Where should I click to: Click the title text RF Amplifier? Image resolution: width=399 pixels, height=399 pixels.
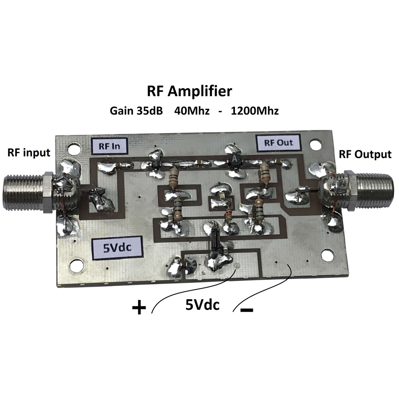(x=189, y=91)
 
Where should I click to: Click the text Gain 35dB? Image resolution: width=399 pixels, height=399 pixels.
(x=136, y=111)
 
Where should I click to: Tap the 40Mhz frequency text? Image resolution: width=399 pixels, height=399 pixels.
(x=192, y=111)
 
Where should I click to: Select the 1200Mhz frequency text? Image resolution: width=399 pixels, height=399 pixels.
(x=255, y=111)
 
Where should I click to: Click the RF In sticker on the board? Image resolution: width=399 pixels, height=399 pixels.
(x=109, y=146)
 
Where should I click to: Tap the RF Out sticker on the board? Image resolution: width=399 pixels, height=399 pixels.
(x=278, y=143)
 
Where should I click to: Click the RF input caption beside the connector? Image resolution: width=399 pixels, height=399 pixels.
(x=29, y=153)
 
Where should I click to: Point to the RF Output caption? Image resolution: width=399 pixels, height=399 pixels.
(x=365, y=154)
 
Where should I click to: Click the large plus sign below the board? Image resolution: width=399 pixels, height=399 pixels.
(x=139, y=307)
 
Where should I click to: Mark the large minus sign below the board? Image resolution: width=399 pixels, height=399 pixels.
(x=247, y=310)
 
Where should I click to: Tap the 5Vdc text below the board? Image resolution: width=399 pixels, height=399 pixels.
(x=202, y=305)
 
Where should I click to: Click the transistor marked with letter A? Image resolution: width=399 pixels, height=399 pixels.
(x=234, y=159)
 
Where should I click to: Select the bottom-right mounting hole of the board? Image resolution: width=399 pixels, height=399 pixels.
(x=327, y=255)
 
